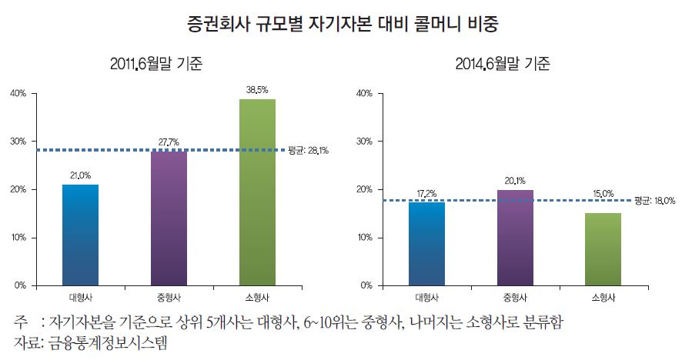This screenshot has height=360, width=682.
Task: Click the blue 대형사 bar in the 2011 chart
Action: click(80, 235)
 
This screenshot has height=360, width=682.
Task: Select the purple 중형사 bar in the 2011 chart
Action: click(169, 218)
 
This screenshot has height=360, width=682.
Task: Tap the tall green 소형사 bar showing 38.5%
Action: click(257, 192)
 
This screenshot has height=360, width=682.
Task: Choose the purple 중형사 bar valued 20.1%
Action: click(514, 237)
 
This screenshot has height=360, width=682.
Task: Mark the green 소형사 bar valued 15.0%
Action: click(603, 248)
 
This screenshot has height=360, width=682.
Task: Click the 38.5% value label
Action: click(257, 90)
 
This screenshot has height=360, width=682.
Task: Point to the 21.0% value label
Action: click(80, 175)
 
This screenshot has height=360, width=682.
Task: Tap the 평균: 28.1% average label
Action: click(308, 151)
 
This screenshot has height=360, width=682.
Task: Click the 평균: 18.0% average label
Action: click(654, 201)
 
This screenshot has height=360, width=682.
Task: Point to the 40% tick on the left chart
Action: click(18, 94)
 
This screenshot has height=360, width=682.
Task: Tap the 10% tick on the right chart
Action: click(364, 238)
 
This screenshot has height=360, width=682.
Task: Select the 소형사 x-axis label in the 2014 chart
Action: click(603, 297)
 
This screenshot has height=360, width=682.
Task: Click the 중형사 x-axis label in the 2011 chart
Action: click(169, 297)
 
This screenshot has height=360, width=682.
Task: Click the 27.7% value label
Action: click(169, 142)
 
